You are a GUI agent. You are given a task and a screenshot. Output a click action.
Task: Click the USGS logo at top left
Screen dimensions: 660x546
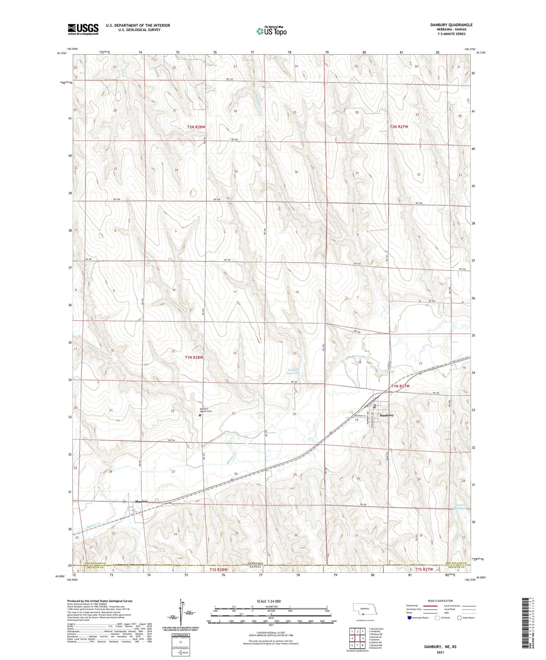coord(83,29)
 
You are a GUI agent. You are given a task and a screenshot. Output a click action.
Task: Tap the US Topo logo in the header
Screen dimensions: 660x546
coord(271,31)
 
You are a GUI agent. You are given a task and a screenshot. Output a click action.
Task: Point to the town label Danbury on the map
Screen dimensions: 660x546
coord(387,415)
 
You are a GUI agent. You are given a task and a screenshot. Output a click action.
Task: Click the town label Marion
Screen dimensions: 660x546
coord(141,501)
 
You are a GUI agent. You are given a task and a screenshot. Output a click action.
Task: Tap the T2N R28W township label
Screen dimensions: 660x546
coord(196,127)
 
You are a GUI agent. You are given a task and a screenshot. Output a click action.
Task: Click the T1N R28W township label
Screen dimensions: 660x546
coord(194,357)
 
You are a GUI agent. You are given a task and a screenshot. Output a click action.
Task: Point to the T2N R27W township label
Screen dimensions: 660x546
coord(399,127)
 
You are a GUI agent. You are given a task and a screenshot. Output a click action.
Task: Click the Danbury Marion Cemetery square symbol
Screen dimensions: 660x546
coord(200,415)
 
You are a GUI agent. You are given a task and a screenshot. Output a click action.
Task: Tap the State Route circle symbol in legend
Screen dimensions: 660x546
coord(460,618)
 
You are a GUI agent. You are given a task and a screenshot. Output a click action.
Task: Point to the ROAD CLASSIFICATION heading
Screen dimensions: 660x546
coord(440,601)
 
